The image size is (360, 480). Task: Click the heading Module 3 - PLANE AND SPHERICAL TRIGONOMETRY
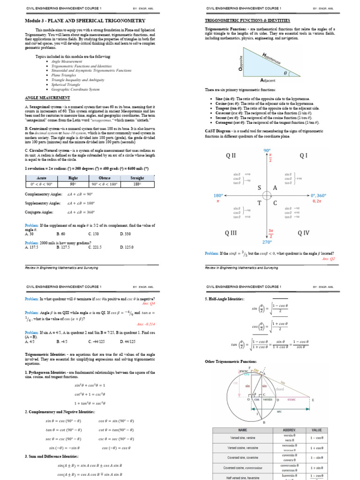pos(84,21)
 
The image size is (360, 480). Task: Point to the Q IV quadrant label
pos(303,233)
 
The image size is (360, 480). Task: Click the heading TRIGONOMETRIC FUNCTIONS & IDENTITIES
pos(247,21)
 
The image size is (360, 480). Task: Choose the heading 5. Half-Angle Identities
pos(225,299)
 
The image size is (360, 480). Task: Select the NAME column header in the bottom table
pos(242,429)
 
